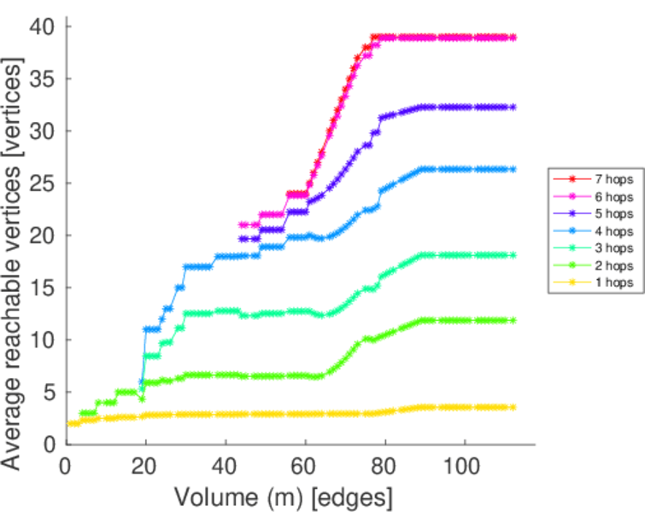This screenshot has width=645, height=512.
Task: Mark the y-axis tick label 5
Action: (x=49, y=393)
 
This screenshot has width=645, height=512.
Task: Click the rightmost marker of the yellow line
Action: (x=513, y=408)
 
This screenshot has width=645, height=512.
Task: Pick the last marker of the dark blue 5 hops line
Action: (x=513, y=108)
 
